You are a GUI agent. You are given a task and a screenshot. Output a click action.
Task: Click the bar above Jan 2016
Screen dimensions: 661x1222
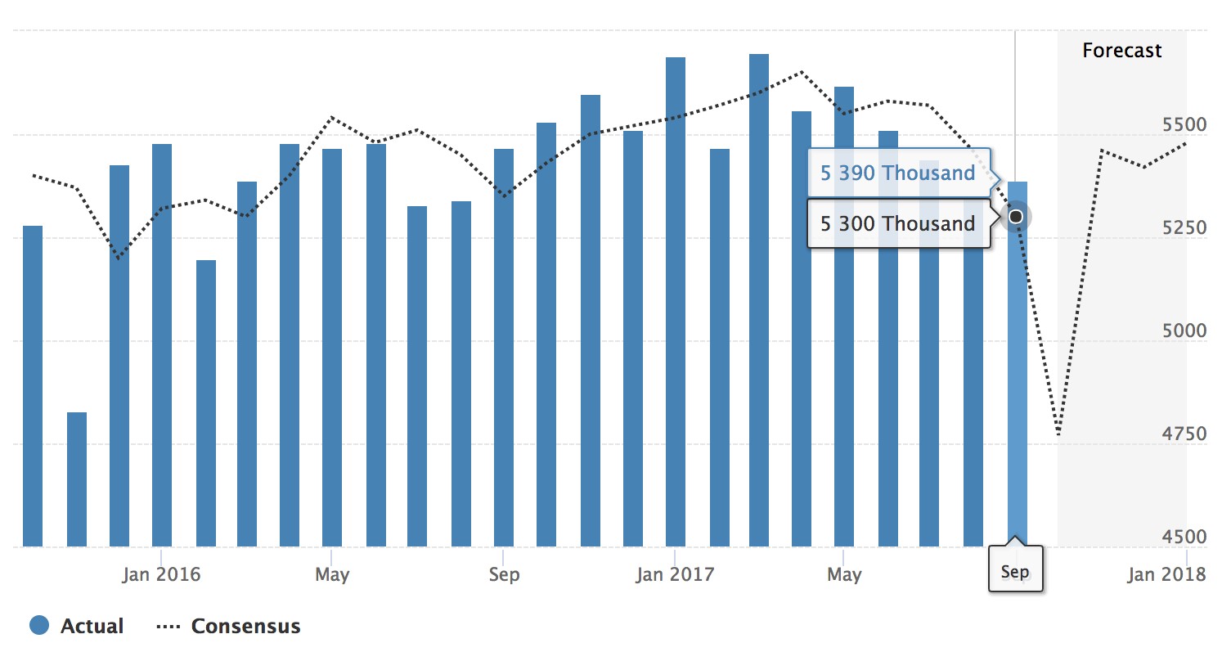point(162,344)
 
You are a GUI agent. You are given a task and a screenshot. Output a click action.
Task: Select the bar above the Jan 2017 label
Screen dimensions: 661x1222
point(676,303)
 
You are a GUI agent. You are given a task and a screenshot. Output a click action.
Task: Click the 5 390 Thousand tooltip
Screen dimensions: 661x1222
point(898,173)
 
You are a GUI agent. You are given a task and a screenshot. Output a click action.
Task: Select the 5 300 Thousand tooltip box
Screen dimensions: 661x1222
point(898,223)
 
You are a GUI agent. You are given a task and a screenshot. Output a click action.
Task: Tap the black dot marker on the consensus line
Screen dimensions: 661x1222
point(1016,217)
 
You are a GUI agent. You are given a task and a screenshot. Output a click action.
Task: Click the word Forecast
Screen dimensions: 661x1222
point(1121,51)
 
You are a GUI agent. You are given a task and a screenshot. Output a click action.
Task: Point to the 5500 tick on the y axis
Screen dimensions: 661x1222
point(1183,125)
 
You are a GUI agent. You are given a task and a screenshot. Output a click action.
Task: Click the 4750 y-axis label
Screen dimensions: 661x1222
point(1183,434)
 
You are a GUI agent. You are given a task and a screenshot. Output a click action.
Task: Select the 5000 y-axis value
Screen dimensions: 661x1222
point(1183,330)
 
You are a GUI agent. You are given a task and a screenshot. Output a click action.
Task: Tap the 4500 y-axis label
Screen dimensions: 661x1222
point(1183,537)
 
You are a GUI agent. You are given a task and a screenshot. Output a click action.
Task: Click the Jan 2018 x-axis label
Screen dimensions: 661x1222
point(1166,574)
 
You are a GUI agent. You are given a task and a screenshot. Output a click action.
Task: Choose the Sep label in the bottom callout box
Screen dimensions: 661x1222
point(1015,571)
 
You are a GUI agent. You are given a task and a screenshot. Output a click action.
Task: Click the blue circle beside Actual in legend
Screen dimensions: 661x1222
point(40,627)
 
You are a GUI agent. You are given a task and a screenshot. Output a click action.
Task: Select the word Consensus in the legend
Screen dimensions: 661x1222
point(245,627)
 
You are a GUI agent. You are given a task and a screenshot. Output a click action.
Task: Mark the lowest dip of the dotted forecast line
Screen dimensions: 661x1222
point(1058,434)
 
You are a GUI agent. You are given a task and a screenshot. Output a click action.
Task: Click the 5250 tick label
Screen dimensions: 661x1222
point(1183,227)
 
